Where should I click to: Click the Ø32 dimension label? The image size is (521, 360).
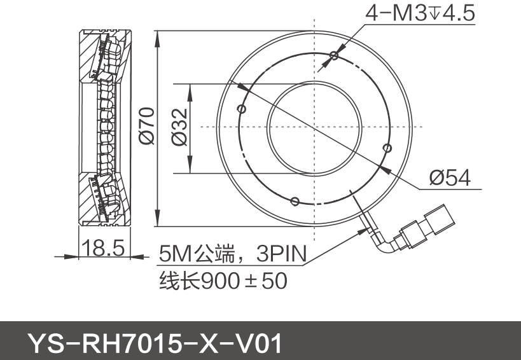(180, 127)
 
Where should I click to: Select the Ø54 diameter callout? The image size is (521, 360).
(450, 178)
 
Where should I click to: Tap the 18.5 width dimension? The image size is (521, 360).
(104, 248)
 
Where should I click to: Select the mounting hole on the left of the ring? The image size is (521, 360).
(240, 109)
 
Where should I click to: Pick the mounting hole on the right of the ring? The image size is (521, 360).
(387, 148)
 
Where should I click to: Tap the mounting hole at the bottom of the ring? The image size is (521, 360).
(294, 202)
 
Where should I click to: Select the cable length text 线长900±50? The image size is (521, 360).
(223, 280)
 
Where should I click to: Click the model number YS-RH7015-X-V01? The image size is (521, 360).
(153, 343)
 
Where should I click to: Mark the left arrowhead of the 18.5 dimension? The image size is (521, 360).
(72, 256)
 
